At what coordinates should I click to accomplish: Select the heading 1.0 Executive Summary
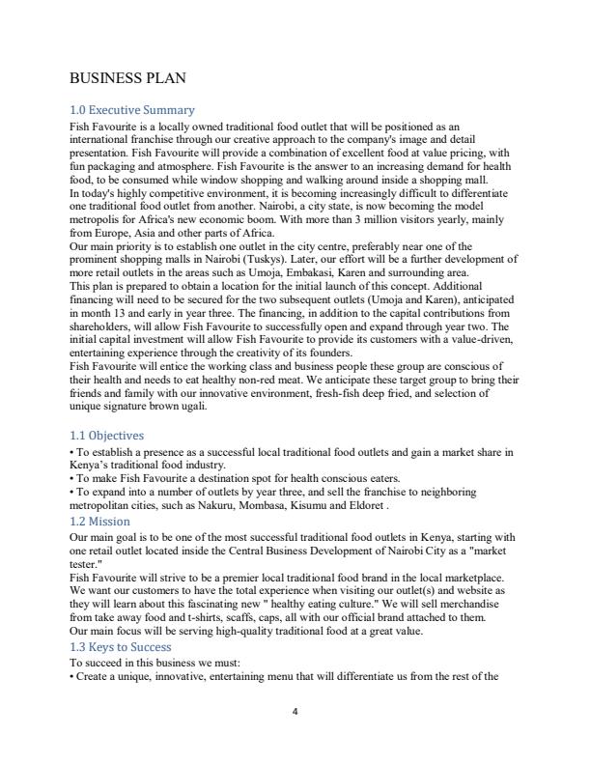click(132, 110)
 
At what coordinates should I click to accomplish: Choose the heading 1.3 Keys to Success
click(121, 646)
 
